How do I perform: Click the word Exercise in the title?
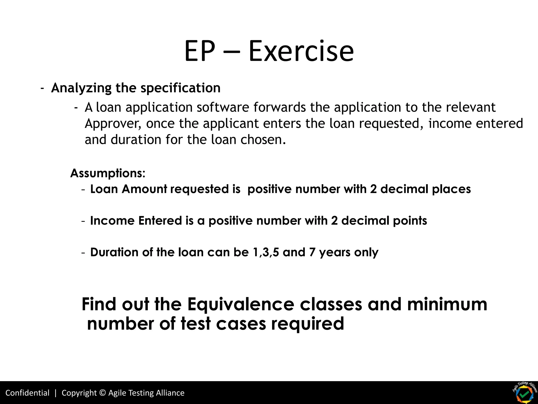click(301, 51)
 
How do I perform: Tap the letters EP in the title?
click(200, 51)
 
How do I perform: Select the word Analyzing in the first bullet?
click(81, 88)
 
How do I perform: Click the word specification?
click(180, 88)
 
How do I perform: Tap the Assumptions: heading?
click(108, 173)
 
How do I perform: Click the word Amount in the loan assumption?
click(144, 189)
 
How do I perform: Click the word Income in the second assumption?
click(112, 221)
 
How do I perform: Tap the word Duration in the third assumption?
click(114, 252)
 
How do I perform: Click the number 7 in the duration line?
click(312, 252)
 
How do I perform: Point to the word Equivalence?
click(241, 304)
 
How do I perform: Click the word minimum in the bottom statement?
click(447, 304)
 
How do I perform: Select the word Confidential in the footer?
click(27, 393)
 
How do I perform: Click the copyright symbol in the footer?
click(103, 393)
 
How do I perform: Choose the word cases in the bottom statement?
click(241, 324)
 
